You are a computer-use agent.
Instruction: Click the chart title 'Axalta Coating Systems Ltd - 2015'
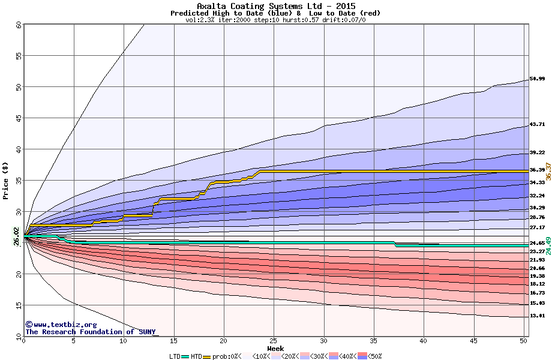point(275,6)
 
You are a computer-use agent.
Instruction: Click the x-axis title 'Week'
point(275,349)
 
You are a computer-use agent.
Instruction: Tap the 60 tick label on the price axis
point(19,25)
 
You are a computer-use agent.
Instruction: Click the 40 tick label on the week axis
point(424,341)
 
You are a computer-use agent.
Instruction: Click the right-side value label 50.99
point(537,79)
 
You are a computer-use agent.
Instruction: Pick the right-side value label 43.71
point(537,125)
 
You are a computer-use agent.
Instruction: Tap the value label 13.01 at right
point(537,316)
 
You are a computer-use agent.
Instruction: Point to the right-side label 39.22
point(537,152)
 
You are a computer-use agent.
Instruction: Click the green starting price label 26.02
point(16,236)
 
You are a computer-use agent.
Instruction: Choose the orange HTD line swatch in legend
point(208,356)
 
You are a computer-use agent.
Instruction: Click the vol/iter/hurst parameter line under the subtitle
point(275,20)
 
